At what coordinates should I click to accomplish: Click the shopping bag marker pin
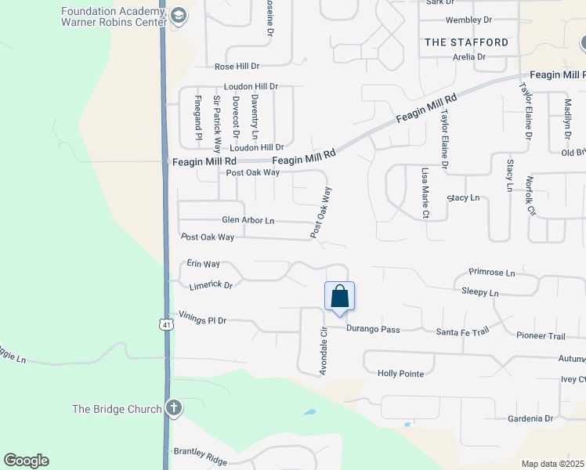click(339, 298)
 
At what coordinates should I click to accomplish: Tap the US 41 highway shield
click(165, 324)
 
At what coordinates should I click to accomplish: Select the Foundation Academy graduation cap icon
click(179, 16)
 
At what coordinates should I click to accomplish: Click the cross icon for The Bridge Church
click(173, 408)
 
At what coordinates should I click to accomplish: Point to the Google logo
click(26, 461)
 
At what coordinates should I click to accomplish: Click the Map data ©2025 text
click(552, 464)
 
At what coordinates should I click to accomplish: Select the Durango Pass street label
click(373, 330)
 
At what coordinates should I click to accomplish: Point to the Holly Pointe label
click(400, 374)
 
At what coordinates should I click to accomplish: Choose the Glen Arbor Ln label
click(248, 221)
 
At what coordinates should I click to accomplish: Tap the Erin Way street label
click(203, 265)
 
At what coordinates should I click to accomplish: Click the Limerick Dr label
click(211, 285)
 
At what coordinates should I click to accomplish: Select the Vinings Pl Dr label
click(202, 320)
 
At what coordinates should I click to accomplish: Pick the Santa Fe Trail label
click(462, 331)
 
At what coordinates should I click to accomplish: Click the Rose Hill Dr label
click(237, 67)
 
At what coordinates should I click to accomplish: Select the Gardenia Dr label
click(530, 419)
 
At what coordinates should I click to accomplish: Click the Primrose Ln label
click(492, 273)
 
